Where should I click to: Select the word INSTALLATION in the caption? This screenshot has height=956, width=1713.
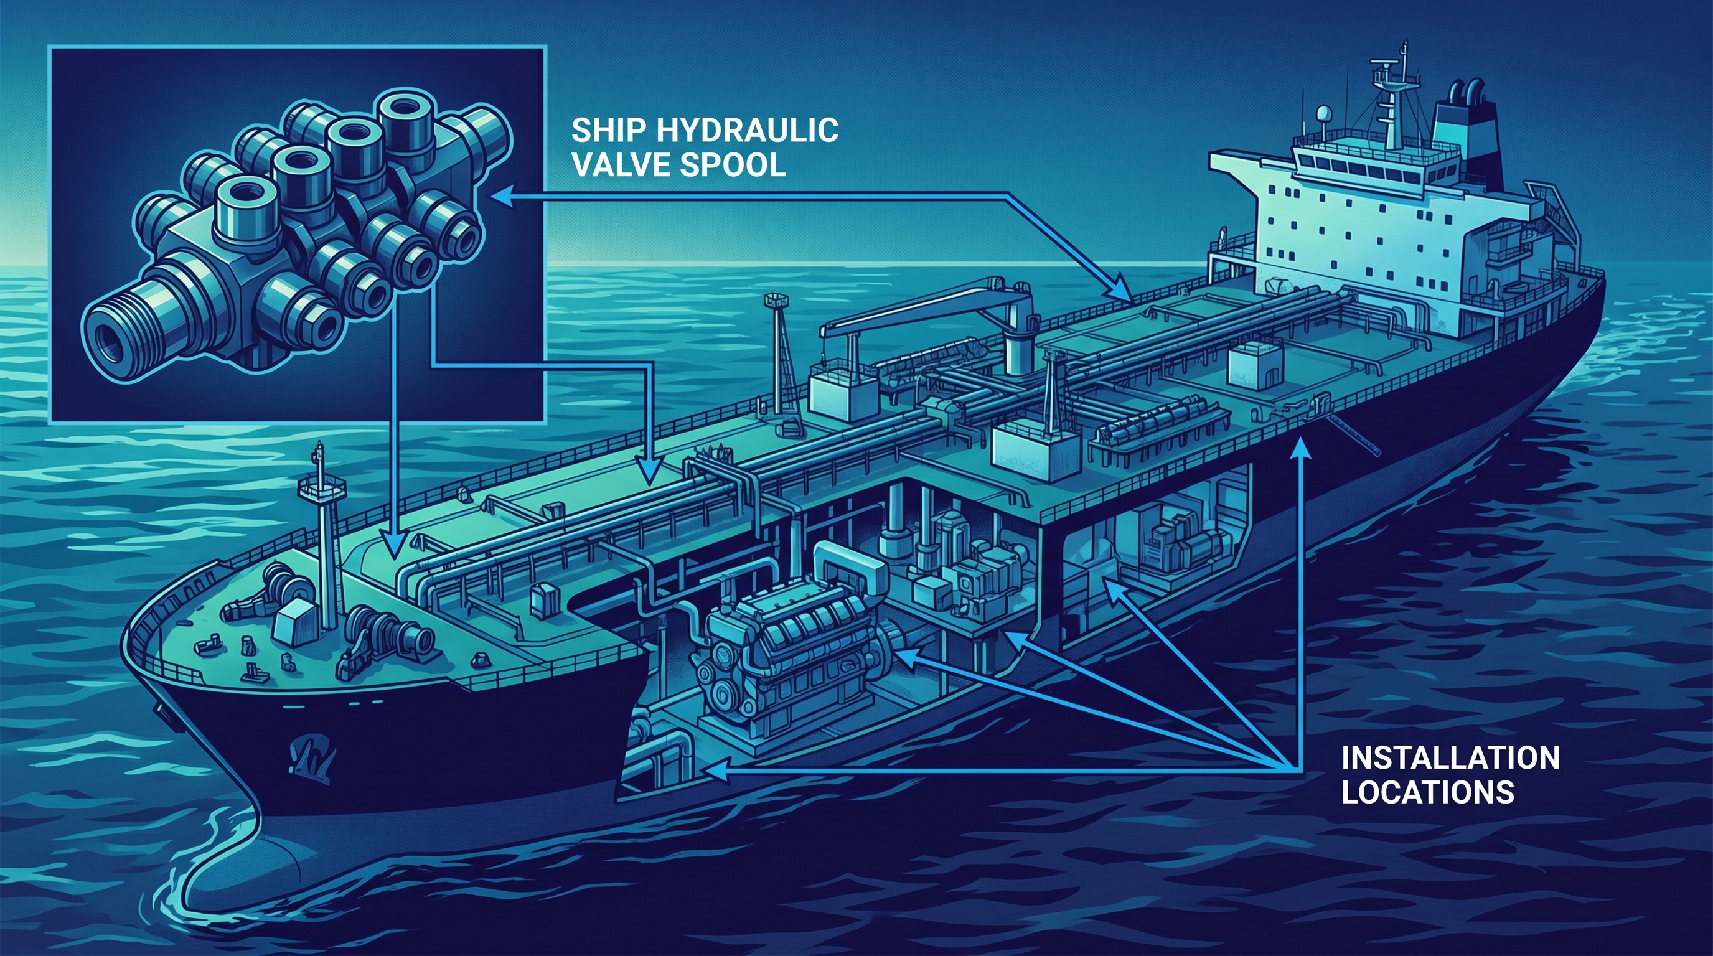(1450, 758)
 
